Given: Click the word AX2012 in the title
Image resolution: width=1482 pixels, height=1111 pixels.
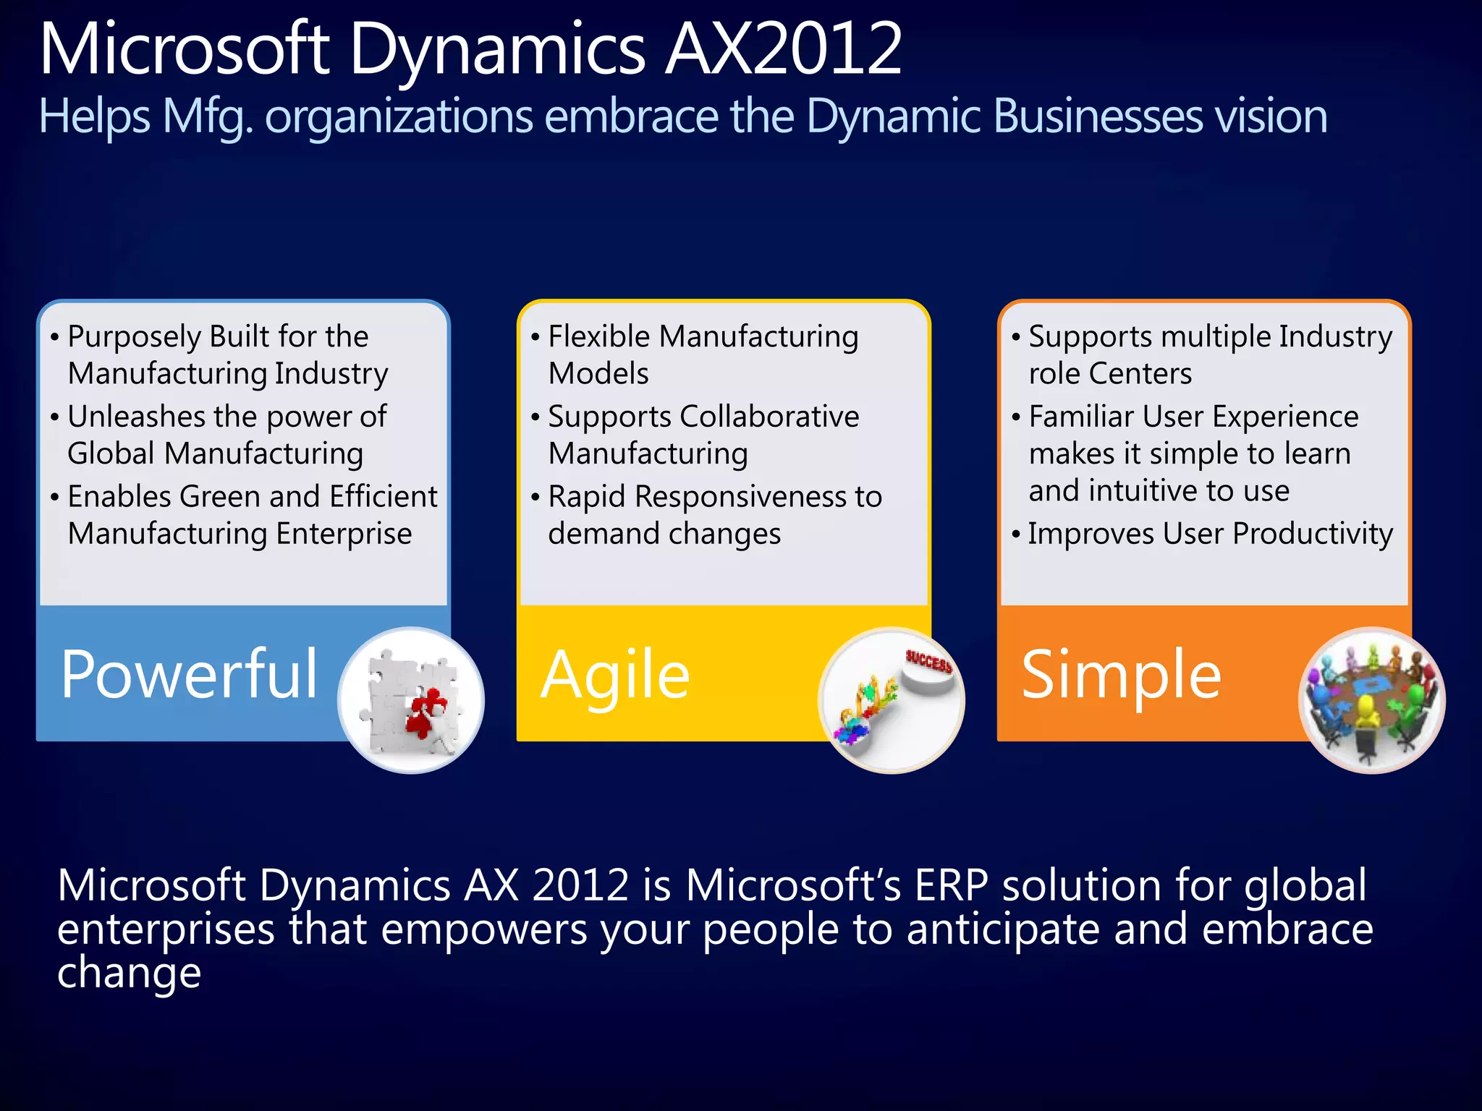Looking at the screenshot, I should pyautogui.click(x=783, y=49).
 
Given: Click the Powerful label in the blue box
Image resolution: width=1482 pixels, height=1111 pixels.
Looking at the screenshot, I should pyautogui.click(x=189, y=674).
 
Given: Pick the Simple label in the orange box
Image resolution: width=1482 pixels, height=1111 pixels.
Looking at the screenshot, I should pyautogui.click(x=1121, y=674).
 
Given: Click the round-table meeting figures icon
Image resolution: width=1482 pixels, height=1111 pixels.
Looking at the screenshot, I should pyautogui.click(x=1371, y=700).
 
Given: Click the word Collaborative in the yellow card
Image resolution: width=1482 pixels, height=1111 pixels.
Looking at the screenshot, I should pyautogui.click(x=769, y=417).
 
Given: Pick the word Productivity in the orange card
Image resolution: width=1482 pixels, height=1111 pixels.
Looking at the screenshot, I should pyautogui.click(x=1313, y=534).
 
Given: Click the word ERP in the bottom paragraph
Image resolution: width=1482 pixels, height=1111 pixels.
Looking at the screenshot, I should pyautogui.click(x=951, y=885).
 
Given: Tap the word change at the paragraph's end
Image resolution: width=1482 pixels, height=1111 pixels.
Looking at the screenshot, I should pyautogui.click(x=129, y=973).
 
